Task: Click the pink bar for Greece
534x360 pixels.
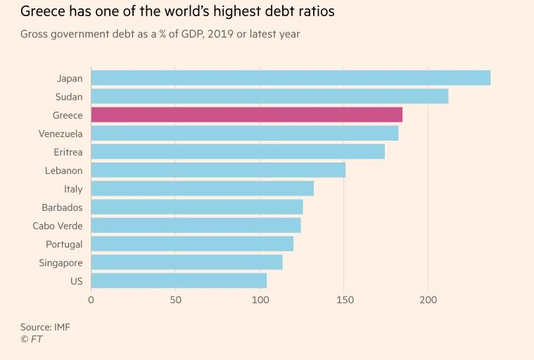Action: (246, 115)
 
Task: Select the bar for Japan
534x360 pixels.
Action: (291, 78)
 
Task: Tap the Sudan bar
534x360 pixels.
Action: (269, 96)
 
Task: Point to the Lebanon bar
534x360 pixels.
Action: (218, 170)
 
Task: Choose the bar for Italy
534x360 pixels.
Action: (202, 188)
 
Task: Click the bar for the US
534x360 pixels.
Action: (179, 281)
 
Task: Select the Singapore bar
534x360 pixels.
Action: (186, 262)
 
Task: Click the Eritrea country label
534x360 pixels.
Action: (68, 152)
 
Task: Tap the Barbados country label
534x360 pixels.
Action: (62, 207)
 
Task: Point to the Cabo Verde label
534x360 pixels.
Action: (58, 226)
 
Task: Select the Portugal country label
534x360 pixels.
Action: (64, 244)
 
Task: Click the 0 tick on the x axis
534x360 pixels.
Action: (91, 300)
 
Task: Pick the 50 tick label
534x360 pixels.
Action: (175, 300)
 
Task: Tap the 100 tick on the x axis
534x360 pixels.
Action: (260, 300)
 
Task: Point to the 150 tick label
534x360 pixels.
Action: (344, 300)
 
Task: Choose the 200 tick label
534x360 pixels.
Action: (428, 300)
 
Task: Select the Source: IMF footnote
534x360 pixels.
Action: (45, 327)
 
